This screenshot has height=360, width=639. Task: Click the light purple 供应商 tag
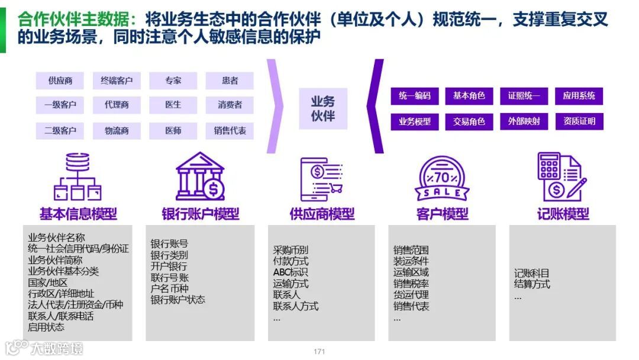pos(60,81)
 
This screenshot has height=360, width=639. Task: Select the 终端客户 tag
pos(117,81)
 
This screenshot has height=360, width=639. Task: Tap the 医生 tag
pos(173,105)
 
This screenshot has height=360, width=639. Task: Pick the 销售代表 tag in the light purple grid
pos(230,130)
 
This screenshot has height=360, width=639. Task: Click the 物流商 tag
pos(117,130)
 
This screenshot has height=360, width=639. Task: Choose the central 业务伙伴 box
pos(323,108)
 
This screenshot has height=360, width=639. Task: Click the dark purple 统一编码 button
pos(415,96)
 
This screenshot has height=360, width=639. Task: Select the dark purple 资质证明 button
pos(579,121)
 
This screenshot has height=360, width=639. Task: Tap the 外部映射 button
pos(524,121)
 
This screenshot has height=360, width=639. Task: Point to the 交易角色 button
pos(469,121)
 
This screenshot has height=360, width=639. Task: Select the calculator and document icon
pos(561,176)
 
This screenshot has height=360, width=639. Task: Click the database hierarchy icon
pos(78,176)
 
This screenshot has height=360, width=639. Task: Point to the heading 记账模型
pos(563,214)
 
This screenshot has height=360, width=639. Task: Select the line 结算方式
pos(532,284)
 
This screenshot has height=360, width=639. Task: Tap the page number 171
pos(319,352)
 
